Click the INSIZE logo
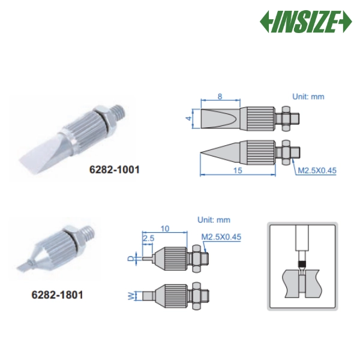[305, 22]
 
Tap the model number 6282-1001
[115, 170]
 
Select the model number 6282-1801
[57, 295]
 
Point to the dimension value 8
[220, 96]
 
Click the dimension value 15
[238, 170]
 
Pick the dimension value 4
[189, 118]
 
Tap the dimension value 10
[164, 229]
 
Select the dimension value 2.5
[148, 238]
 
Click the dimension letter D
[130, 259]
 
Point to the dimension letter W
[130, 296]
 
